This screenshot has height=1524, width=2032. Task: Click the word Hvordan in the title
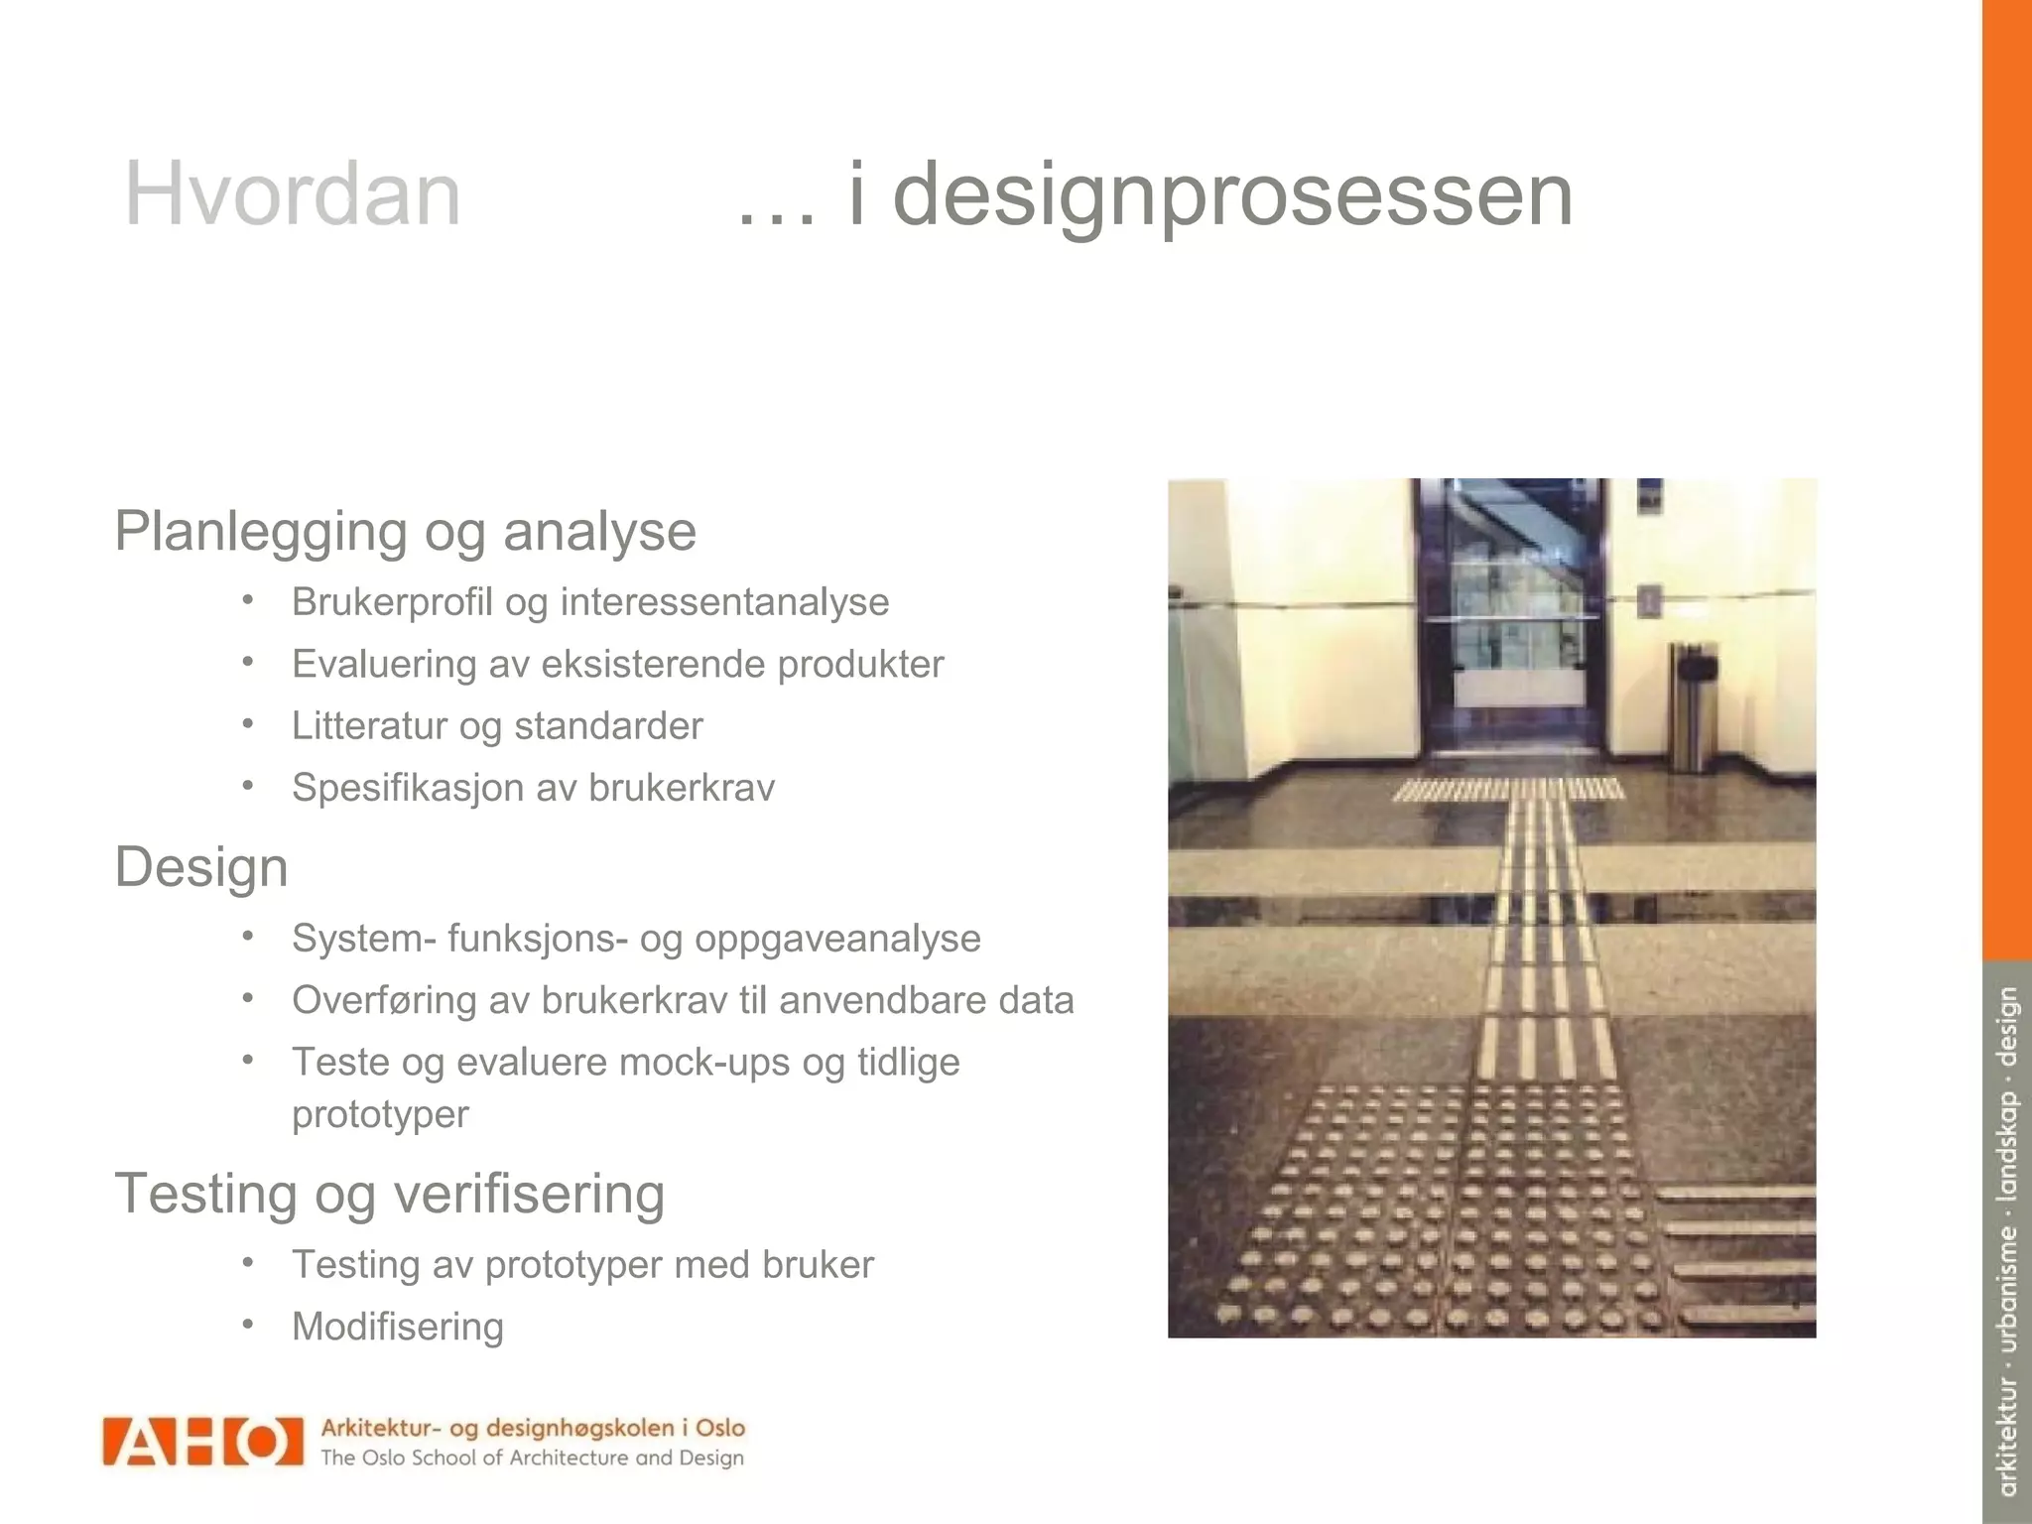293,194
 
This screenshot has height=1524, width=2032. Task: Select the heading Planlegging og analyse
405,532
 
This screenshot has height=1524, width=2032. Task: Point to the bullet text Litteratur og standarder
496,726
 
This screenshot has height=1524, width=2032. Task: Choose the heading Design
201,867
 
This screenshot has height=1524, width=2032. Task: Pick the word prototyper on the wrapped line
380,1114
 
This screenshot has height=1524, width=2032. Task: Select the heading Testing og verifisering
389,1194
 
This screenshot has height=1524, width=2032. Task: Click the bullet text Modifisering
397,1327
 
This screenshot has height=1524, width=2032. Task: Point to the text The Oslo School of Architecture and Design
532,1459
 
